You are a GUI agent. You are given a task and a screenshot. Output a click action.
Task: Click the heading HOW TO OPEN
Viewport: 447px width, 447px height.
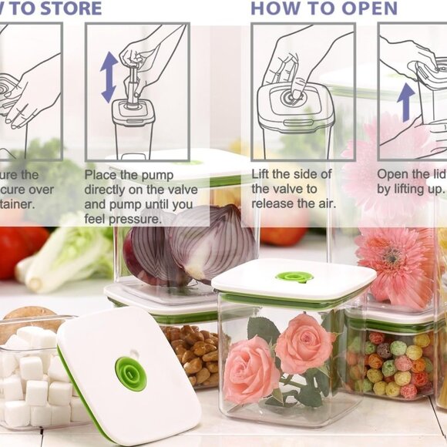tap(324, 8)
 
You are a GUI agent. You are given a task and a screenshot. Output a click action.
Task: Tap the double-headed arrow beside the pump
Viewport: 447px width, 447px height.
tap(109, 77)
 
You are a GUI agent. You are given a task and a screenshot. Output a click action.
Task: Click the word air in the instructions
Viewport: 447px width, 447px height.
tap(325, 203)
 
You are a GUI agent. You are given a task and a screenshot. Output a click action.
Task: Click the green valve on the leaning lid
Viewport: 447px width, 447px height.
tap(131, 374)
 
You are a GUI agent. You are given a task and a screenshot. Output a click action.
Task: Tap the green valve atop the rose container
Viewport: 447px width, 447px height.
tap(294, 277)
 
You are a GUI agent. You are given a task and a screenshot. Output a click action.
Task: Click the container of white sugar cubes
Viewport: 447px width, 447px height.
tap(31, 378)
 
